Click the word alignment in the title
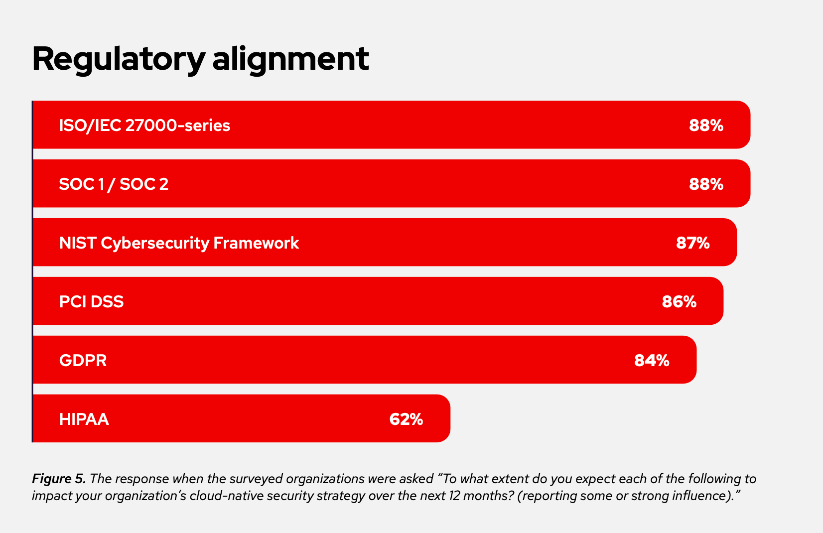290,59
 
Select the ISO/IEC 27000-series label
144,125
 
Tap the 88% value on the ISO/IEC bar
706,125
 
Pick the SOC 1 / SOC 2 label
114,184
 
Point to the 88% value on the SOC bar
706,184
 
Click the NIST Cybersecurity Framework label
179,243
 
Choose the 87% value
692,243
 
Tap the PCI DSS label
91,301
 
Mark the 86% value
679,301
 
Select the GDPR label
83,360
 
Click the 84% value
652,360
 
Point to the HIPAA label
84,419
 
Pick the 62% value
406,419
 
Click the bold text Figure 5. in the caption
59,479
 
